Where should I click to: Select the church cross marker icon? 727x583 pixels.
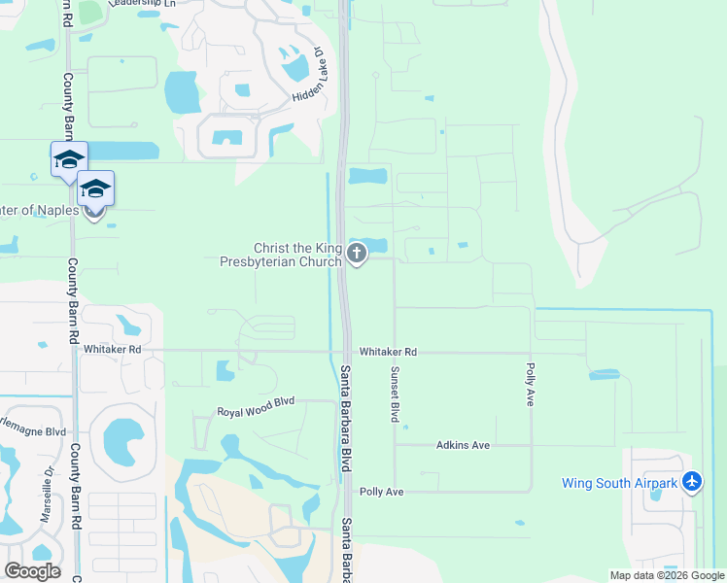(357, 255)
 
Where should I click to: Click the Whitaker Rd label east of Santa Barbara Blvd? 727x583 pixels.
(388, 352)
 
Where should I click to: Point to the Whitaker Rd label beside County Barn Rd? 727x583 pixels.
(113, 349)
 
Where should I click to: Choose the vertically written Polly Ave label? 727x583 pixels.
(531, 385)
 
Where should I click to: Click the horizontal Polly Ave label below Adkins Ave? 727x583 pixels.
(381, 492)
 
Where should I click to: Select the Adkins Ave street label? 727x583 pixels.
(463, 445)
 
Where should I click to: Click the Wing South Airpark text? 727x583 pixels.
(619, 483)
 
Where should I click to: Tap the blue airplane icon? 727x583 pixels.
(691, 482)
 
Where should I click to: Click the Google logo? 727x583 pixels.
(32, 571)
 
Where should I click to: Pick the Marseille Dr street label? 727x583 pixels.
(45, 496)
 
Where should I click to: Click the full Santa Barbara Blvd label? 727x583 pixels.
(345, 418)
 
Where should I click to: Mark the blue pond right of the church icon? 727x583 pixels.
(374, 245)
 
